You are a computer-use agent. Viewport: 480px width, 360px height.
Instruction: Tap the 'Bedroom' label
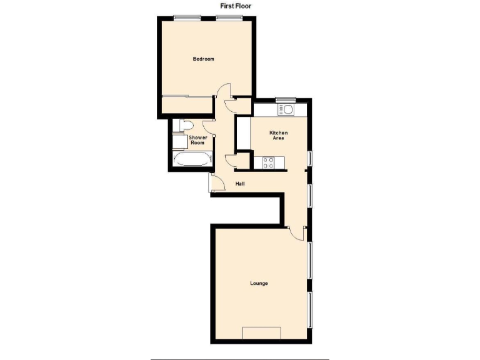click(x=203, y=59)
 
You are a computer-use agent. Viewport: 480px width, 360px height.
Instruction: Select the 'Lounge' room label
click(x=259, y=283)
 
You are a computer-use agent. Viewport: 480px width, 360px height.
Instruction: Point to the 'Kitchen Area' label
click(x=278, y=135)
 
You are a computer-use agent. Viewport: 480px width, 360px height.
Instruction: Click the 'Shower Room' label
click(x=197, y=140)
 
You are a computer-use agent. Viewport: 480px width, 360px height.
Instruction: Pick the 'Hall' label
click(x=240, y=184)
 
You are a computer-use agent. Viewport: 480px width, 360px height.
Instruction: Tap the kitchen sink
click(x=289, y=110)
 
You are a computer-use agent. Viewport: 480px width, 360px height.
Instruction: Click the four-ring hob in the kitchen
click(x=269, y=162)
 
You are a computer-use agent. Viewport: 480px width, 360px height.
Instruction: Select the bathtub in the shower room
click(x=191, y=159)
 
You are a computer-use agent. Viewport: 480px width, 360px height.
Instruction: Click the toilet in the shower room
click(x=181, y=126)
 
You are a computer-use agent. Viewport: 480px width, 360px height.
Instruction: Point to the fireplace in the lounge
click(x=261, y=332)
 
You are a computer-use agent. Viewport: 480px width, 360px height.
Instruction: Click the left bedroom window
click(x=184, y=17)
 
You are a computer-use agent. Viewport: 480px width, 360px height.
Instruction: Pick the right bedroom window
click(x=228, y=17)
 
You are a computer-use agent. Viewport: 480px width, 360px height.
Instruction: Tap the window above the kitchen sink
click(x=286, y=98)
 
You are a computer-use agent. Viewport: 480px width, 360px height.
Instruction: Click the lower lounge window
click(x=311, y=309)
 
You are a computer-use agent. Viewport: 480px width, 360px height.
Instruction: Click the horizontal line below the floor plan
click(x=239, y=359)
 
